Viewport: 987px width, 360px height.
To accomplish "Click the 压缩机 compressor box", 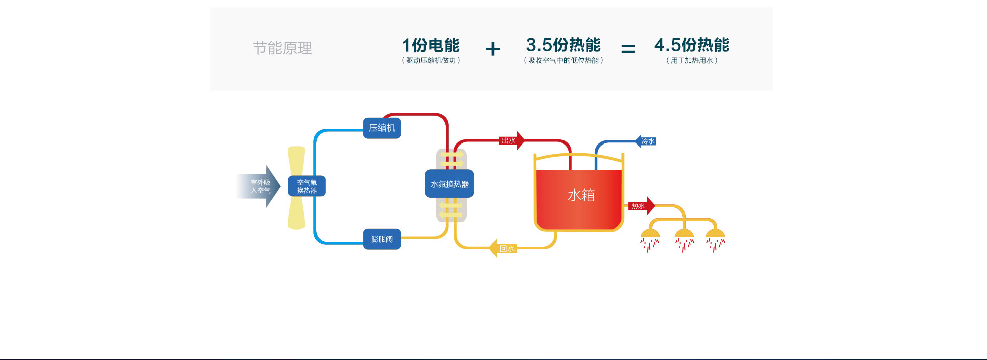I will point(382,128).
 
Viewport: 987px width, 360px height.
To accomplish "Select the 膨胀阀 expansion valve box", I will point(382,239).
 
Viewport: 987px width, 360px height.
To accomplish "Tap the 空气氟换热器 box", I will point(307,186).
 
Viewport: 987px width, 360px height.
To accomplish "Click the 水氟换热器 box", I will point(449,184).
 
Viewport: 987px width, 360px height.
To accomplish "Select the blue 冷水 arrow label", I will point(646,141).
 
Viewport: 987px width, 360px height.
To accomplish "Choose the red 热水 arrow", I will point(641,206).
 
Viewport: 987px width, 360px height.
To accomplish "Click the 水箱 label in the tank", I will point(581,195).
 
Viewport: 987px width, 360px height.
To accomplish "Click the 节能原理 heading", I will point(282,48).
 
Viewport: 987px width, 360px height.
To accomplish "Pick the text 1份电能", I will point(431,45).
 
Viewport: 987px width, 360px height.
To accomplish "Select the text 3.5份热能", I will point(563,45).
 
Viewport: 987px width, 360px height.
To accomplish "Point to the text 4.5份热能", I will point(691,45).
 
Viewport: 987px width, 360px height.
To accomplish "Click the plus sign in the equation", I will point(493,49).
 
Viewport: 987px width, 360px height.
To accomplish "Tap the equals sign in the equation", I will point(628,49).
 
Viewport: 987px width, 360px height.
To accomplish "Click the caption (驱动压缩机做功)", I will point(431,60).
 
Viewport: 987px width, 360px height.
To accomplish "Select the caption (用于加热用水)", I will point(691,60).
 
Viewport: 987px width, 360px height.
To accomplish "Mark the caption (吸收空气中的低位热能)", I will point(563,60).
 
